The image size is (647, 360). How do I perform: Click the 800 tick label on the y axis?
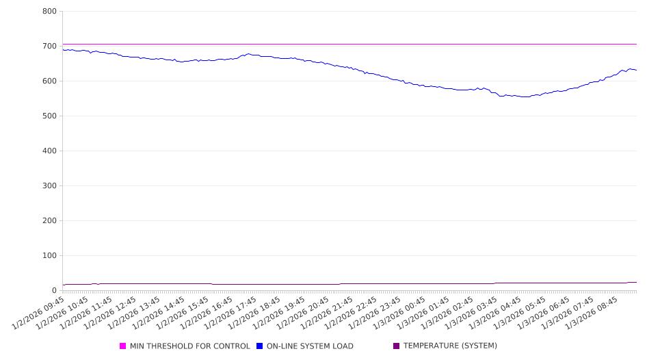(49, 12)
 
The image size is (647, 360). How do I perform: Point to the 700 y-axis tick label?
(49, 47)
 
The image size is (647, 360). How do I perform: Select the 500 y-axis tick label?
(49, 116)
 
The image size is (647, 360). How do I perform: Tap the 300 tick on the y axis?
(49, 186)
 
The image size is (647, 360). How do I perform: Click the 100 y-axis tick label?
(49, 256)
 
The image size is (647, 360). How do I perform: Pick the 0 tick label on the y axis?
(54, 291)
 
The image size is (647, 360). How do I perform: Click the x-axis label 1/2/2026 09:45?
(40, 312)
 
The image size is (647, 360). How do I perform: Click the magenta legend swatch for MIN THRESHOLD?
(123, 346)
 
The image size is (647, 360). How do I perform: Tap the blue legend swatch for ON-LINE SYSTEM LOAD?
(260, 346)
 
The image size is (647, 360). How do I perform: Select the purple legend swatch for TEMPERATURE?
(397, 346)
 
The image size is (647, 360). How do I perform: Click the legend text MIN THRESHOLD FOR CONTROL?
(189, 346)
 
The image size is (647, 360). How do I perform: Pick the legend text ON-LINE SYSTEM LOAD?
(310, 346)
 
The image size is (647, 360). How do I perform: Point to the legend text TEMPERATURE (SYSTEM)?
(450, 346)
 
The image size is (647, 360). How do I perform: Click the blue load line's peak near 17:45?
(248, 54)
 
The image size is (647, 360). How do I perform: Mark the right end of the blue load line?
(636, 70)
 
